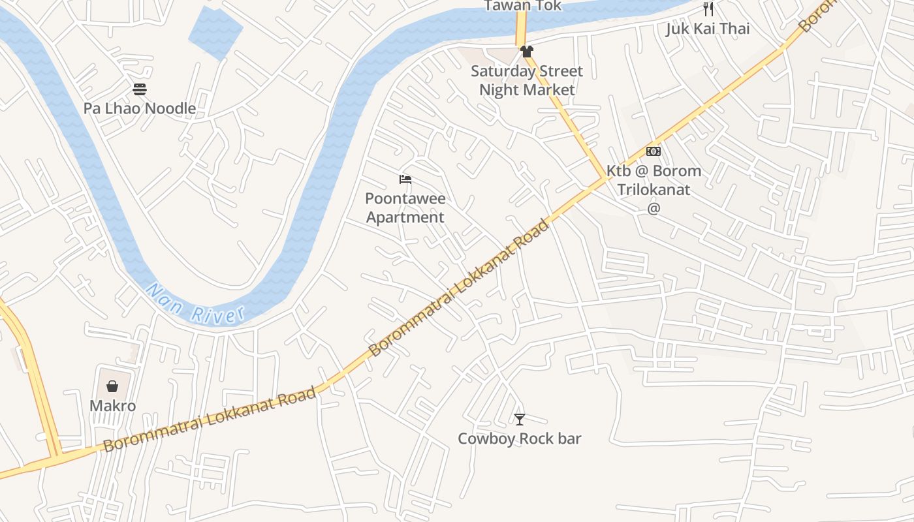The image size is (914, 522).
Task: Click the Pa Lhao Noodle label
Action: click(x=139, y=108)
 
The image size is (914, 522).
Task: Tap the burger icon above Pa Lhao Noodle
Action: click(x=139, y=89)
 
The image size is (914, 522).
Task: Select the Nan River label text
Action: click(x=195, y=305)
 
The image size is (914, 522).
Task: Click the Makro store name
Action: click(x=112, y=406)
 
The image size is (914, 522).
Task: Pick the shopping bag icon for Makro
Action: click(x=112, y=386)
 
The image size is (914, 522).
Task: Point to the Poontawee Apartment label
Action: click(x=405, y=207)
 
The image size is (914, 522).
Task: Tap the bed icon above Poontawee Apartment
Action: click(x=405, y=179)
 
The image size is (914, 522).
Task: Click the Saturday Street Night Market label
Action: click(x=527, y=80)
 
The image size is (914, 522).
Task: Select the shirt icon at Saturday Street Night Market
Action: click(x=527, y=52)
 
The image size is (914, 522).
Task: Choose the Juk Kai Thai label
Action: click(x=708, y=29)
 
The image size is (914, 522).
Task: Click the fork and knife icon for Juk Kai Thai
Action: click(x=708, y=9)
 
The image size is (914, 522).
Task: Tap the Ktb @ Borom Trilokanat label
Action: click(x=654, y=180)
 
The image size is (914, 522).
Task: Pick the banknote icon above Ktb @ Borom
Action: click(x=654, y=151)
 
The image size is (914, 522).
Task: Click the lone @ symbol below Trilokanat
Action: click(x=654, y=208)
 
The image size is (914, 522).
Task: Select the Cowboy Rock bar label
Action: click(x=519, y=438)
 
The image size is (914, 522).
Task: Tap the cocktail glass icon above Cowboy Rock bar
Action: click(x=519, y=419)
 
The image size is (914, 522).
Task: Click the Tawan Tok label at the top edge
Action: click(x=522, y=6)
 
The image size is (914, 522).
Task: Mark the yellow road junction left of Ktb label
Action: click(x=604, y=178)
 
